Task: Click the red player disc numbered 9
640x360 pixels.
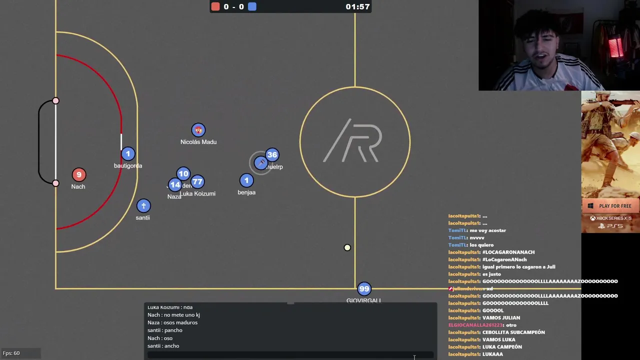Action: click(78, 174)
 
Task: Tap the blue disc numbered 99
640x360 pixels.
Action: click(364, 288)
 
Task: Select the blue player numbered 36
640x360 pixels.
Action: click(272, 154)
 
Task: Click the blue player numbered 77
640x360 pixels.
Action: click(197, 182)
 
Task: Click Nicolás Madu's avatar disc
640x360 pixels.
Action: click(198, 130)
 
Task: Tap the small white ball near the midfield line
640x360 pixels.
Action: click(347, 247)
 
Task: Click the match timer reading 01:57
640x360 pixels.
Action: click(357, 6)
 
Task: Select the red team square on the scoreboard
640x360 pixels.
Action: click(215, 6)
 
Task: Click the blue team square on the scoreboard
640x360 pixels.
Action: click(252, 6)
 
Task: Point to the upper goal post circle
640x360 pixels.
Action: click(55, 101)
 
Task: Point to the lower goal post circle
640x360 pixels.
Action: click(55, 183)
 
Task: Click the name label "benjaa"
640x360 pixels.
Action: click(246, 192)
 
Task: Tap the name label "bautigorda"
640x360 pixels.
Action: click(128, 166)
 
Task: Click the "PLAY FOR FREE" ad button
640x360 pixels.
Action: click(610, 206)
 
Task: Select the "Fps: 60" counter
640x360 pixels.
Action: click(11, 353)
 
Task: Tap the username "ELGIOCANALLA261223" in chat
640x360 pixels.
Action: click(475, 325)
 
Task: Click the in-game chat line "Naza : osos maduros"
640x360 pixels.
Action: click(172, 322)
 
